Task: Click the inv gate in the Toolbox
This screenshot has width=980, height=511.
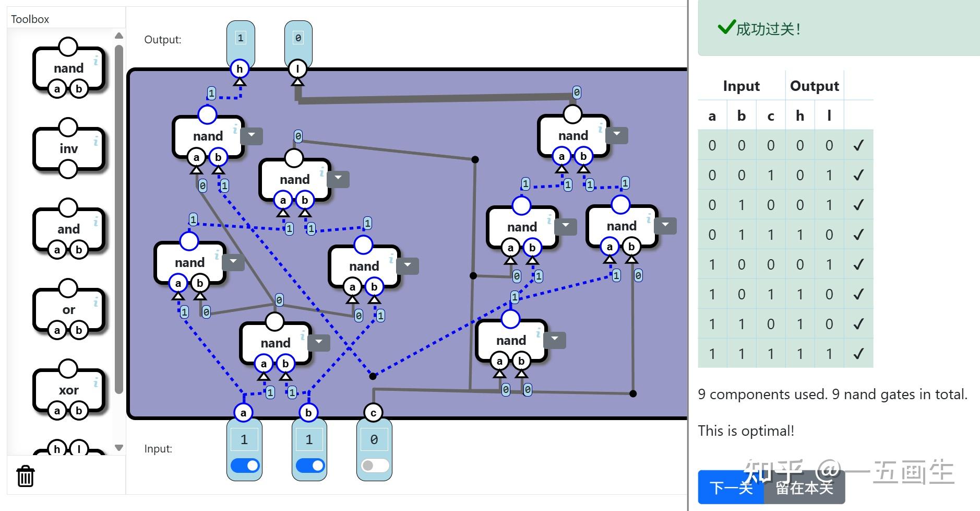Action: pos(68,148)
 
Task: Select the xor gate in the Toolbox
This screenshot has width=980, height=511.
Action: pos(68,390)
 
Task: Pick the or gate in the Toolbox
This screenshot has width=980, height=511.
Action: pos(68,309)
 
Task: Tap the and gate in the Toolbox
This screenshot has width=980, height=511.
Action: pos(68,229)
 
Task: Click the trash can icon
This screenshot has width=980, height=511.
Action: pos(26,476)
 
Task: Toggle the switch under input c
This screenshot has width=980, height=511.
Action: pos(374,465)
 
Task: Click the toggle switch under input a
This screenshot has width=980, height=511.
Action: pos(244,465)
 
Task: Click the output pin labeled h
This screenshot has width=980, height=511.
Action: pos(240,69)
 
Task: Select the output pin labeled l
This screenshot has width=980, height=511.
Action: pos(297,69)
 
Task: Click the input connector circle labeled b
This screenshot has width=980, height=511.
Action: pos(308,413)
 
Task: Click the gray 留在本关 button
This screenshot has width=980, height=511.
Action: pos(804,487)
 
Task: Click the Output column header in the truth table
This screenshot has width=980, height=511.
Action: pos(814,86)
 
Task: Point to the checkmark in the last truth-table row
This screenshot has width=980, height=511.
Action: pos(858,354)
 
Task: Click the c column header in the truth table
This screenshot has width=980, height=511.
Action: pos(771,116)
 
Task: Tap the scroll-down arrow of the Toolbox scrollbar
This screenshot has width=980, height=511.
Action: pos(119,448)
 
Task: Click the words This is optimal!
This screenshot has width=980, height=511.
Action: pos(746,431)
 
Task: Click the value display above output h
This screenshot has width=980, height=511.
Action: pos(241,38)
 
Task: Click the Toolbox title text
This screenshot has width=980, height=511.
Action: pos(30,19)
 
